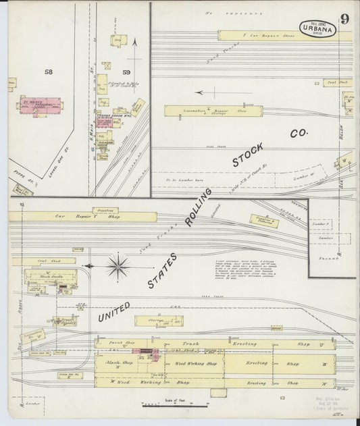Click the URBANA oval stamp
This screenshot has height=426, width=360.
[317, 29]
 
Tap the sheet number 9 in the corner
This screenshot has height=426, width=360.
[344, 19]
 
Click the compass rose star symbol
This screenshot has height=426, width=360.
[118, 266]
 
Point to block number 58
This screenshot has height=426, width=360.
[48, 71]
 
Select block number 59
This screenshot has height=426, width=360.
[126, 71]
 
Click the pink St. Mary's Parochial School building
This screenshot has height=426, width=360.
[40, 105]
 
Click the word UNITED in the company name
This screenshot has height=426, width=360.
[113, 311]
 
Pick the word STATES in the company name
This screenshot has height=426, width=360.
[163, 271]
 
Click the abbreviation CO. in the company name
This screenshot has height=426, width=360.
[298, 134]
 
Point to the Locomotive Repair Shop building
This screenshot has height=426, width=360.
[203, 110]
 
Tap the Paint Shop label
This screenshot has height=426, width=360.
[126, 343]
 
